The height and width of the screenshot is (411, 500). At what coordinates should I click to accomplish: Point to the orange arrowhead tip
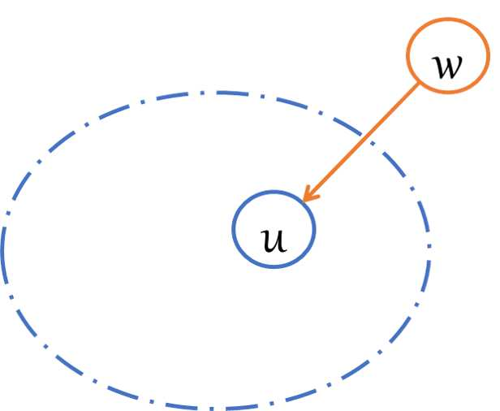303,200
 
